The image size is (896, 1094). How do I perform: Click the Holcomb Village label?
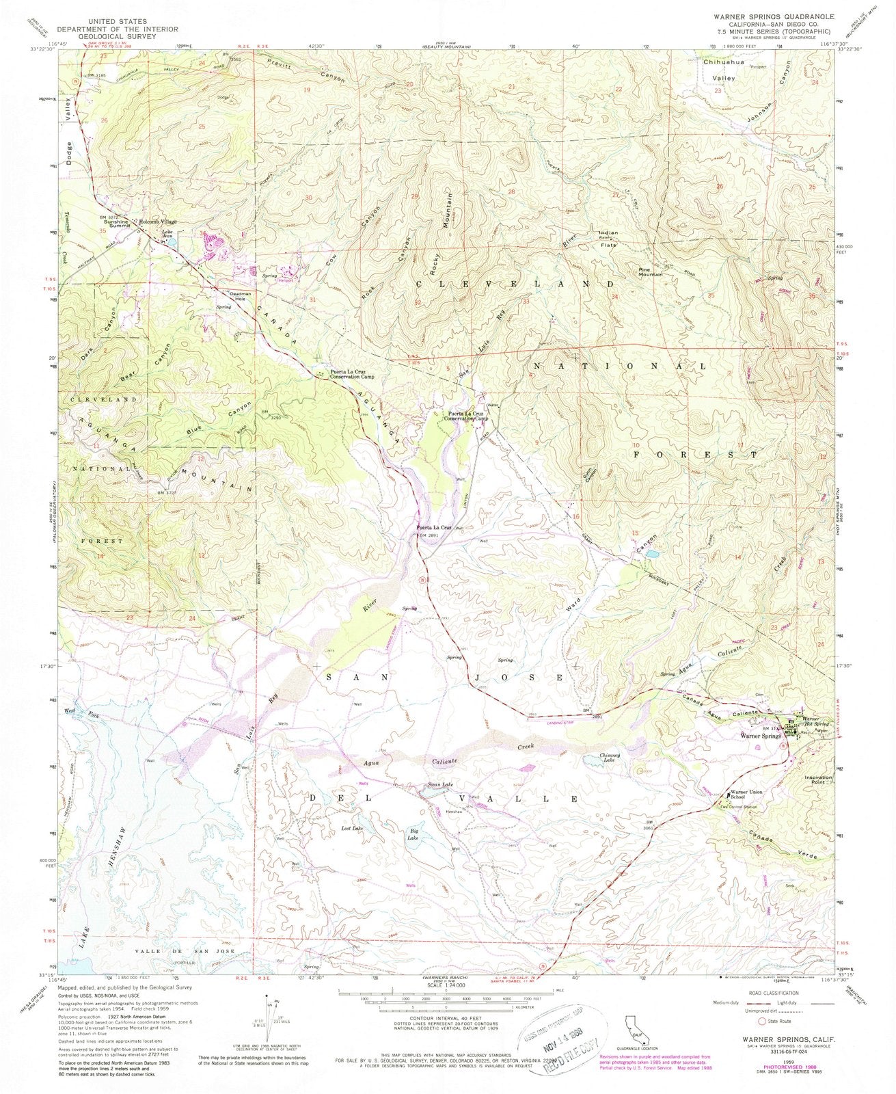[159, 221]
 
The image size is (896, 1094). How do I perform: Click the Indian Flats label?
[608, 237]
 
